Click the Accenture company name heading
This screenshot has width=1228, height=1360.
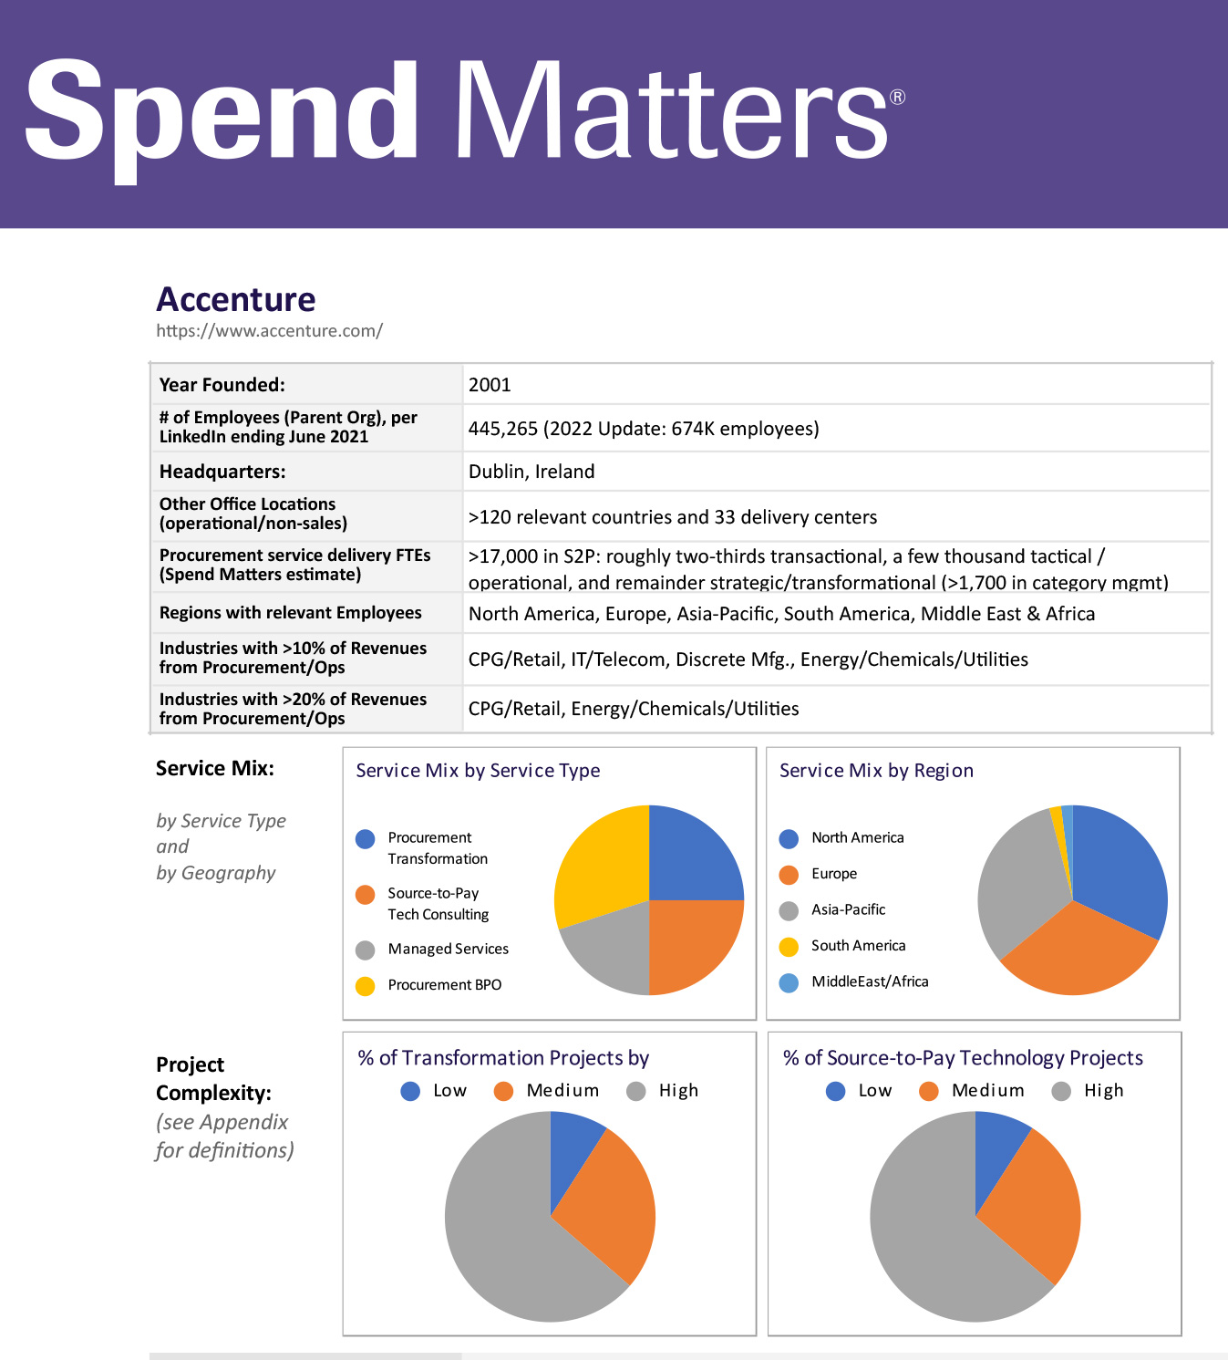click(x=236, y=299)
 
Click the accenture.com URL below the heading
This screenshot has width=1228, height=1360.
click(x=269, y=330)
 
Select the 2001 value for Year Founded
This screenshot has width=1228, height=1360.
click(x=490, y=385)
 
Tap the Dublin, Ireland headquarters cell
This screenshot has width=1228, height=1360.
click(x=531, y=472)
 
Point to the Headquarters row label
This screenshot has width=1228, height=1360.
click(x=222, y=472)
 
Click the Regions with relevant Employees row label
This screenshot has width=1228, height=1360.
click(x=290, y=613)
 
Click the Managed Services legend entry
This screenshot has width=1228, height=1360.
click(x=448, y=949)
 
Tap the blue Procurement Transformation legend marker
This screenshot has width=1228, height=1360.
click(x=366, y=839)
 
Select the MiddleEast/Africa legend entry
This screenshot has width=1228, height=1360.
click(x=869, y=981)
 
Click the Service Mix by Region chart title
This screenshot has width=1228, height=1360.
click(x=876, y=771)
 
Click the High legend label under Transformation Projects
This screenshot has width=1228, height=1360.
click(x=677, y=1091)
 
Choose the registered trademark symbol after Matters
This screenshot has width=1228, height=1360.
click(x=897, y=98)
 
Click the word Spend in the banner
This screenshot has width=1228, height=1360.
click(x=222, y=111)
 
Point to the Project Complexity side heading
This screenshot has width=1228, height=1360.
click(x=213, y=1078)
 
